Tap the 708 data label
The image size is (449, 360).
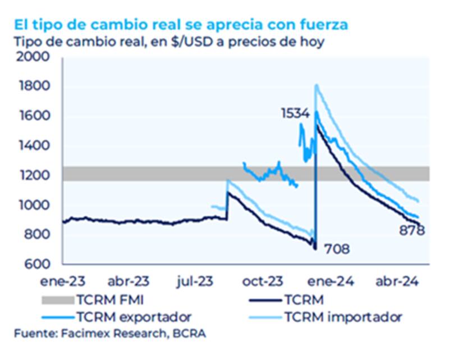pos(337,248)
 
